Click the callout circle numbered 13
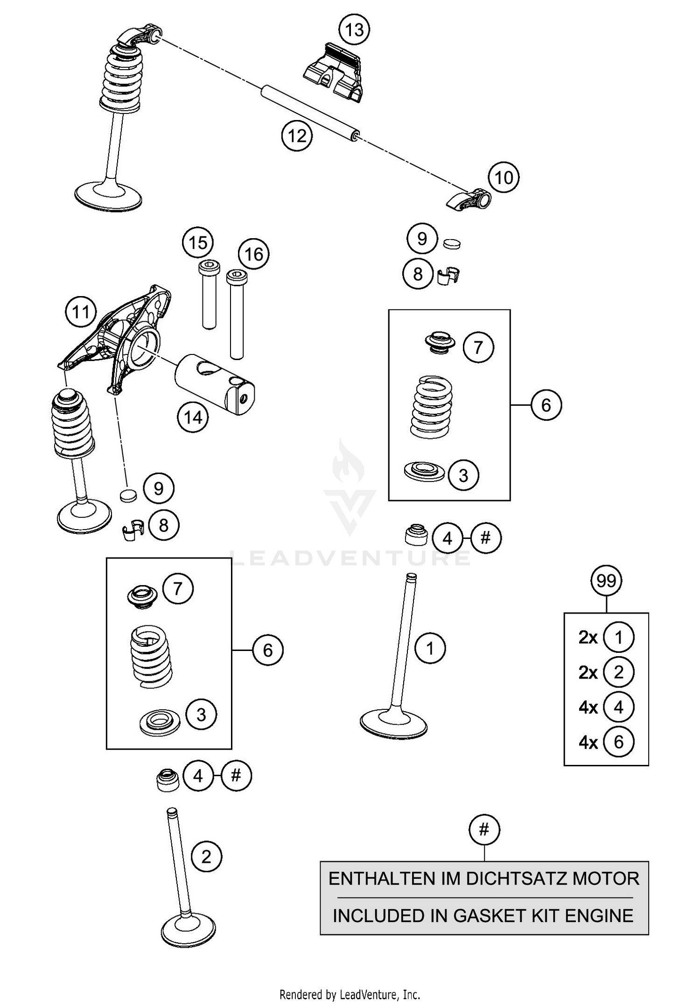(x=354, y=30)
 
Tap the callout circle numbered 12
(x=297, y=136)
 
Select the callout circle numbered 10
(x=504, y=177)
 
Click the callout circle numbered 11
(x=81, y=311)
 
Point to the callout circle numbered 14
(x=193, y=417)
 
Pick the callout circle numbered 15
(x=198, y=243)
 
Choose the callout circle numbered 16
(x=254, y=255)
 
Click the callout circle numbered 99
(x=606, y=581)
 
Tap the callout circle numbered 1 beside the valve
(x=430, y=648)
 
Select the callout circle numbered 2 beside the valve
(x=206, y=857)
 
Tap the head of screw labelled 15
(x=206, y=267)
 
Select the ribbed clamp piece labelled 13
(x=334, y=71)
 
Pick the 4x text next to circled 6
(x=588, y=742)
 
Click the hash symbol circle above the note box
(x=484, y=830)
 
